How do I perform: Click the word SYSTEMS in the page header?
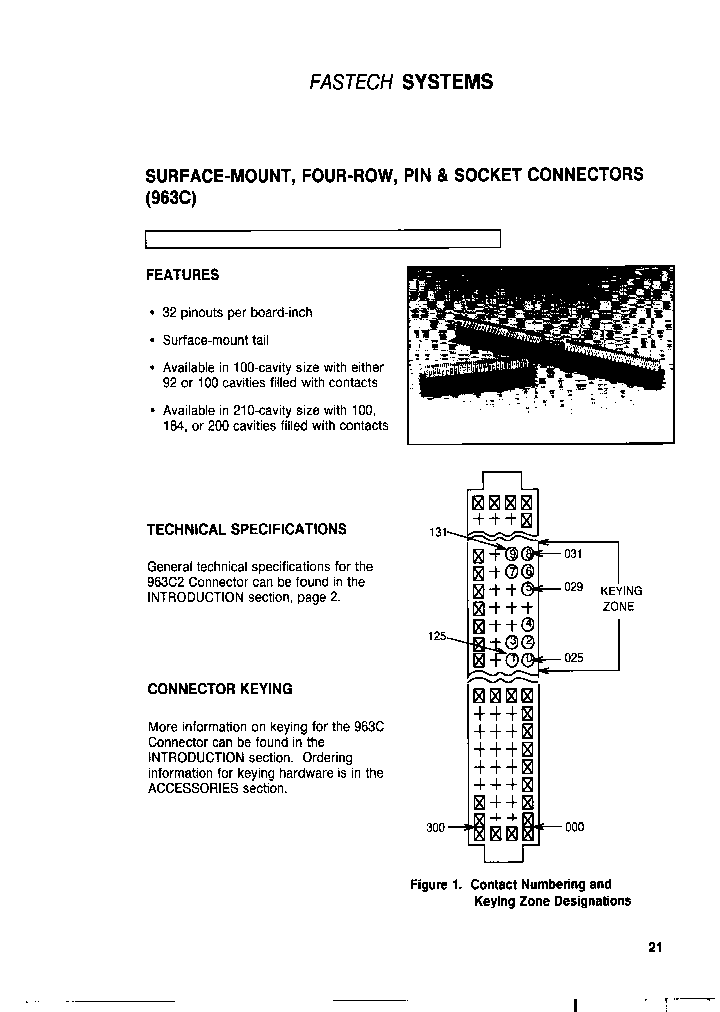point(447,82)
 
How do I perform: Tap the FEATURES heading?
point(183,275)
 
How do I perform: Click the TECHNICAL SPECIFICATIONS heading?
point(246,530)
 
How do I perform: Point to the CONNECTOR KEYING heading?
point(219,689)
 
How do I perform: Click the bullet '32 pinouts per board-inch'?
point(237,312)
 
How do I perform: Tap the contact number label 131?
point(437,532)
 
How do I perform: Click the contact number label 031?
point(573,554)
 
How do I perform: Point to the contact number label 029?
point(573,587)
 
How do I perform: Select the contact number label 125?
point(437,636)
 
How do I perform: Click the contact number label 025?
point(573,659)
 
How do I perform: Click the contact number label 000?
point(575,828)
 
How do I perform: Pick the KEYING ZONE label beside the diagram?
point(621,598)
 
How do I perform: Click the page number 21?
point(655,947)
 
